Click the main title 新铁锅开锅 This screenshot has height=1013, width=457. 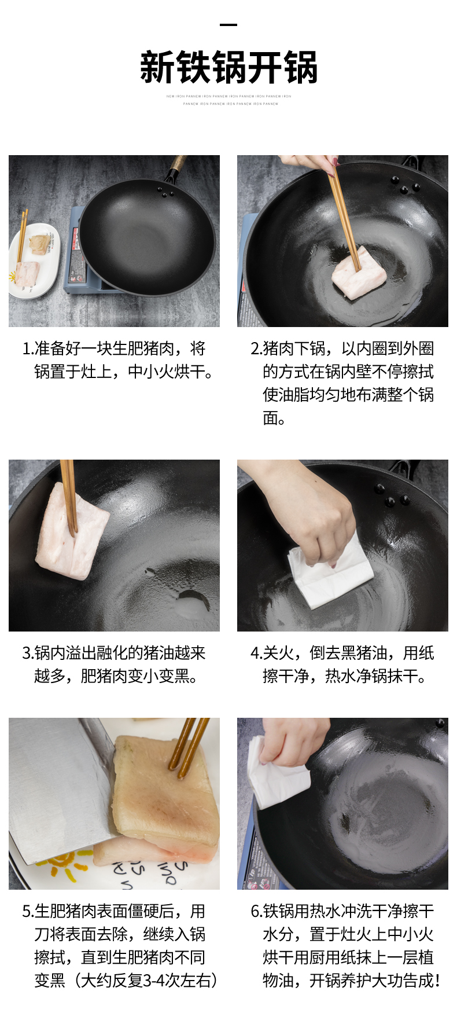pos(228,68)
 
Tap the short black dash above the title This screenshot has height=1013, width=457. pos(228,25)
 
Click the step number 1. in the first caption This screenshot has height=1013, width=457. pos(27,348)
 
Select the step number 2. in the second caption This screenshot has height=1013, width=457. pos(256,348)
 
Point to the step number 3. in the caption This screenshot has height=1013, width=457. pos(28,653)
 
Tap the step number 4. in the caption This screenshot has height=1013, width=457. pos(256,653)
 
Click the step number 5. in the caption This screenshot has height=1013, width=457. pos(28,911)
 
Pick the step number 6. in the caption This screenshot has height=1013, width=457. pos(256,911)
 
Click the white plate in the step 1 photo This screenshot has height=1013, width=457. pos(35,260)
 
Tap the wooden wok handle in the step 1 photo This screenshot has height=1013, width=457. pos(176,165)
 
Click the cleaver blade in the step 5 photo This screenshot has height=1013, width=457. pos(58,787)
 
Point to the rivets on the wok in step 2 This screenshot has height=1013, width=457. pos(405,186)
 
